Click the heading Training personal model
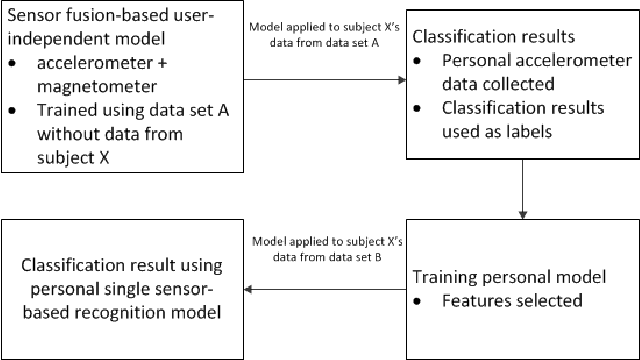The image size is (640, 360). coord(505,274)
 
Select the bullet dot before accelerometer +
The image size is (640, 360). coord(13,66)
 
